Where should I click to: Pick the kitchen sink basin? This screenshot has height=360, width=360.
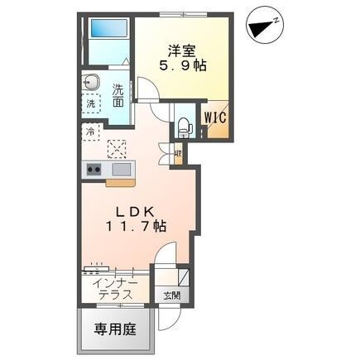pos(121,170)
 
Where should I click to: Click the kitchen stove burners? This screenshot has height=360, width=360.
pos(91,170)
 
